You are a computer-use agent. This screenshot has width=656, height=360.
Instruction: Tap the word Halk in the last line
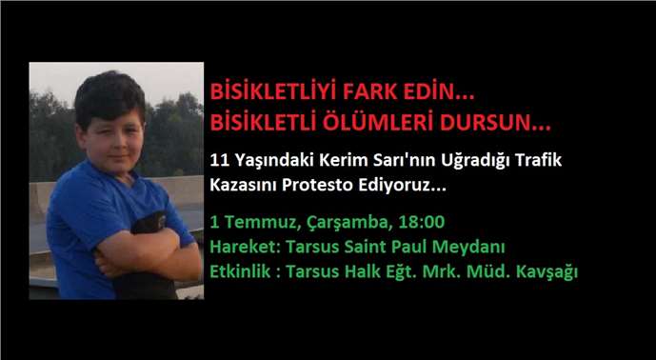point(368,272)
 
